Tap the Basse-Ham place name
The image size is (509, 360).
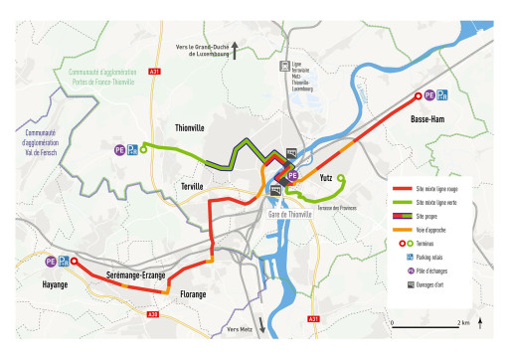[x=427, y=119]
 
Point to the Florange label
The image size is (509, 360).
[x=193, y=294]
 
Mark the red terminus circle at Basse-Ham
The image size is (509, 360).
[x=419, y=95]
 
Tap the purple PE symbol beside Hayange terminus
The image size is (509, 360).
[x=51, y=262]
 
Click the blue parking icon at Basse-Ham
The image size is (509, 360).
[x=443, y=95]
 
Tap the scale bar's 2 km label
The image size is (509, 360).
[x=463, y=323]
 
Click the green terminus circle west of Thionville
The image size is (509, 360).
[x=144, y=150]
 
